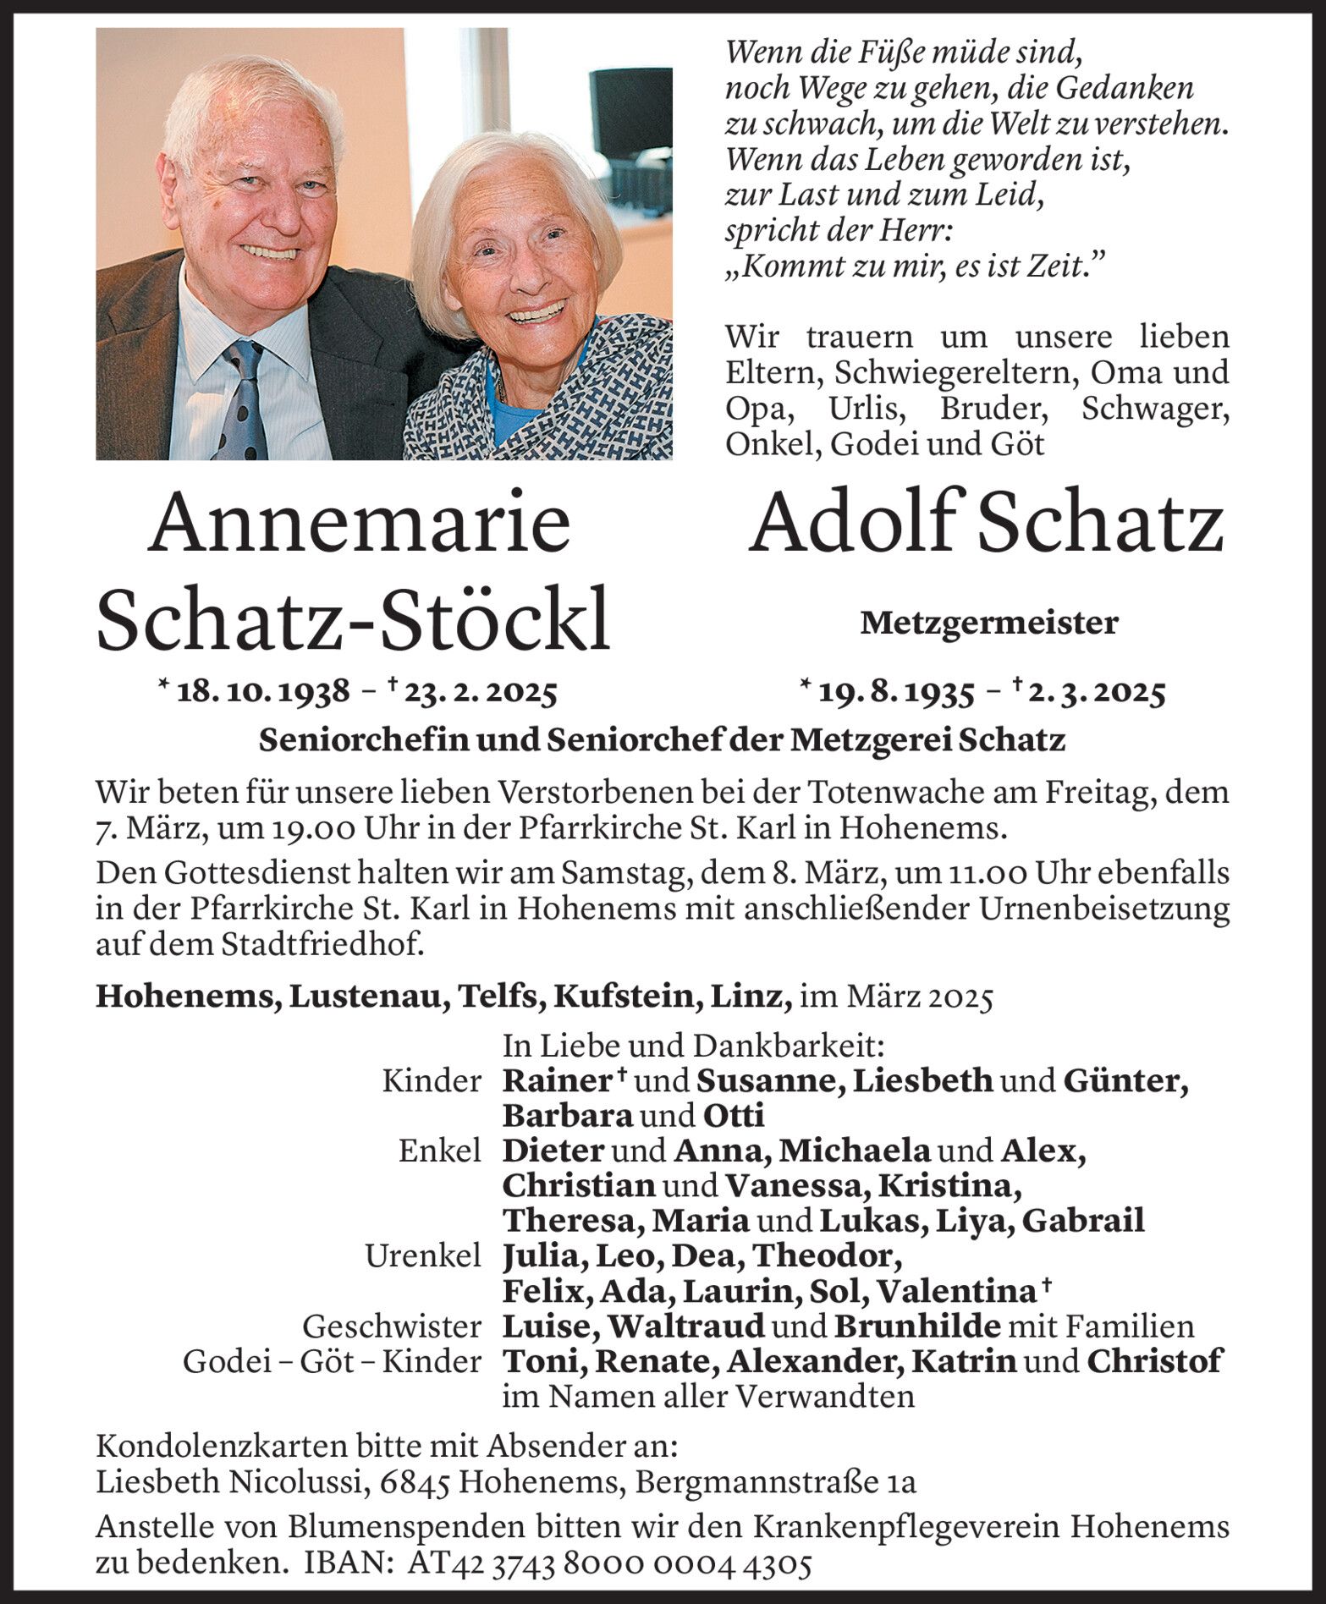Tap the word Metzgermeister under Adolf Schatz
[x=988, y=624]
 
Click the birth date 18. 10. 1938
[x=263, y=692]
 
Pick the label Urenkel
[x=423, y=1256]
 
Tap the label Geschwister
[x=393, y=1327]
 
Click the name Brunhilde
[x=917, y=1327]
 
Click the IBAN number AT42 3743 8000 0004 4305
[x=609, y=1564]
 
